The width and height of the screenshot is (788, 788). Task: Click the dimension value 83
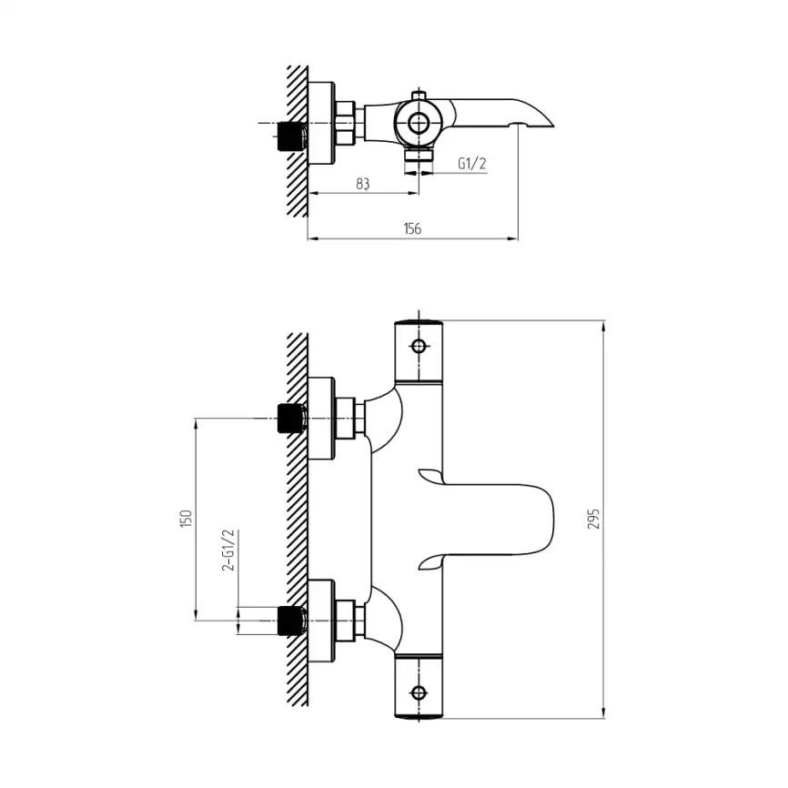pos(363,184)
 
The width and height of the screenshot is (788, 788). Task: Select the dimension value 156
pos(412,228)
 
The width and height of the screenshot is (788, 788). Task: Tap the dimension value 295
pos(594,519)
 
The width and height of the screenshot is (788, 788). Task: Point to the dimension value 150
pos(186,518)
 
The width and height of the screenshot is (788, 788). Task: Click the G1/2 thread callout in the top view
pos(472,163)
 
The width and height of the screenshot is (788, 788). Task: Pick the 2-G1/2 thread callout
pos(228,550)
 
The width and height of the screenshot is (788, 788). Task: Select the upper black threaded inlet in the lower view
pos(292,419)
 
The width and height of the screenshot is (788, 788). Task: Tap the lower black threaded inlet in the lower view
pos(292,621)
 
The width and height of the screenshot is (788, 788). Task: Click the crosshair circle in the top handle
pos(419,346)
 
